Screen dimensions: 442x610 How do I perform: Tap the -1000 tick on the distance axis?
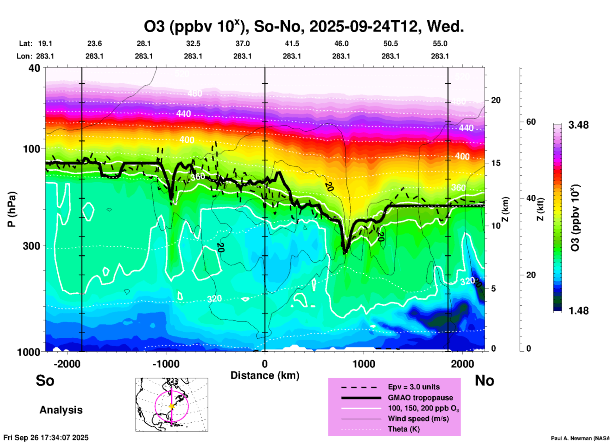[x=166, y=364]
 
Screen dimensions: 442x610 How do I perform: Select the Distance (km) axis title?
[x=265, y=375]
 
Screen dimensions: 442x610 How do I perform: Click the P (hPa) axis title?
[x=12, y=209]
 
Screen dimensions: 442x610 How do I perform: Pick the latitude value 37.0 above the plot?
[x=243, y=43]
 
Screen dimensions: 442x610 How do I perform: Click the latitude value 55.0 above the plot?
[x=440, y=43]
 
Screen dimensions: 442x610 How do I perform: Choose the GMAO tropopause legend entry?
[x=420, y=398]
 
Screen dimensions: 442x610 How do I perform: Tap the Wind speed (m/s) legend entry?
[x=418, y=419]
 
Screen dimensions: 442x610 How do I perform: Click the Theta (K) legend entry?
[x=403, y=429]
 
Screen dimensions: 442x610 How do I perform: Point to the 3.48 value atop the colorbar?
[x=578, y=125]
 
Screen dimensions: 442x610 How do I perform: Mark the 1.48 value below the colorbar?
[x=578, y=310]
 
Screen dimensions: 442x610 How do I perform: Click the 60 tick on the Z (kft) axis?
[x=531, y=122]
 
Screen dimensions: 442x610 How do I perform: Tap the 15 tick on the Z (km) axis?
[x=496, y=163]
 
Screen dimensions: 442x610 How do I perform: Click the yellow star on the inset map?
[x=172, y=406]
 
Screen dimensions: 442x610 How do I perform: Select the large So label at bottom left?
[x=45, y=380]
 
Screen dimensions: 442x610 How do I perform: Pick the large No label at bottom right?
[x=484, y=380]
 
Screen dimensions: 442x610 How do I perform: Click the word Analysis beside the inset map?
[x=61, y=410]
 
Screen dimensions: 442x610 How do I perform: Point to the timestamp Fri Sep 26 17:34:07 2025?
[x=46, y=438]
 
